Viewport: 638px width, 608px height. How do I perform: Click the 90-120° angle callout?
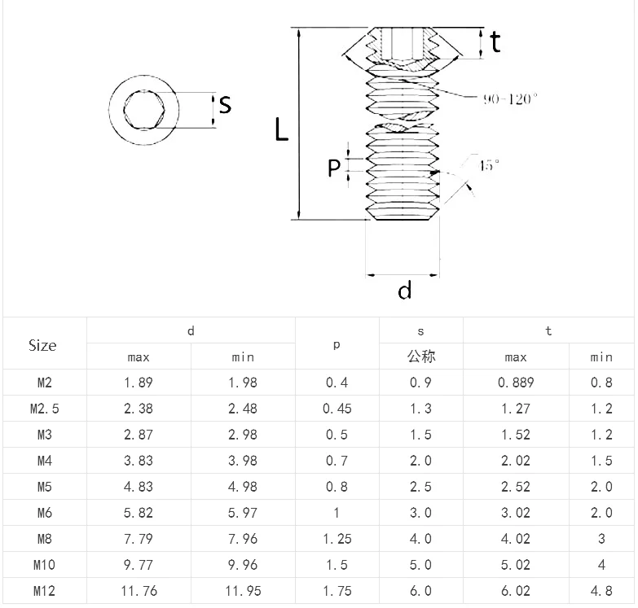(510, 99)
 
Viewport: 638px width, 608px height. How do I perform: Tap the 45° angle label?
(489, 165)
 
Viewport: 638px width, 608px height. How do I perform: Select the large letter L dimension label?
(281, 129)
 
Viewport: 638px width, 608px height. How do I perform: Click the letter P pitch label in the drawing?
(334, 168)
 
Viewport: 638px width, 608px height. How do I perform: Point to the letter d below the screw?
(405, 290)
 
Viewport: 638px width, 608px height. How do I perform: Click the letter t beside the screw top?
(495, 42)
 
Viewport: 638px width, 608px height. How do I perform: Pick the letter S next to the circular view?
(226, 105)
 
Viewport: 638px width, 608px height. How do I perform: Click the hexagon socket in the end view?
(143, 109)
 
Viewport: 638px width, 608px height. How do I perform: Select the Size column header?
(42, 345)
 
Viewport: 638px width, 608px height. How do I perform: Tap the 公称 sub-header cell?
(420, 356)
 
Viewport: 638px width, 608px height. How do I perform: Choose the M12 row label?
(44, 591)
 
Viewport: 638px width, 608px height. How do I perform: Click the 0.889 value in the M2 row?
(515, 383)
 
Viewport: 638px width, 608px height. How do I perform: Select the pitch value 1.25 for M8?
(337, 539)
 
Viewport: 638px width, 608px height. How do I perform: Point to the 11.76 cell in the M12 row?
(139, 591)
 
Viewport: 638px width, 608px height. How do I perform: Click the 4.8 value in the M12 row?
(601, 591)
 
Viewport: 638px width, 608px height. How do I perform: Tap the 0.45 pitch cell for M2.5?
(337, 409)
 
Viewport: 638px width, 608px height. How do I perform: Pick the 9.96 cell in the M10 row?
(243, 565)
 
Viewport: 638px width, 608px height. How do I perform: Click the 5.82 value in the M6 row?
(139, 513)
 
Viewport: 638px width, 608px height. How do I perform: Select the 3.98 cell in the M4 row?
(243, 461)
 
